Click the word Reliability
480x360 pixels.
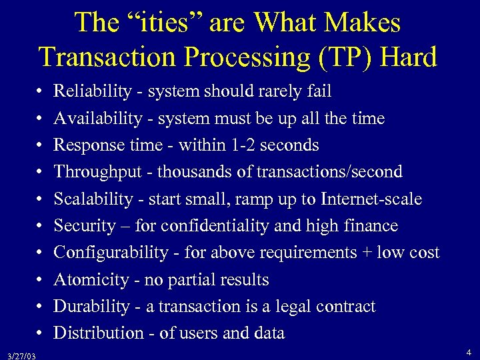tap(91, 91)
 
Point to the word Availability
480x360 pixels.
tap(97, 119)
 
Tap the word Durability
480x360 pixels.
tap(91, 306)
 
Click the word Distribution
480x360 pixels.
tap(96, 333)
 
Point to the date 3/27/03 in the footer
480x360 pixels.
tap(19, 355)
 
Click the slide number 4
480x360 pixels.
tap(469, 351)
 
